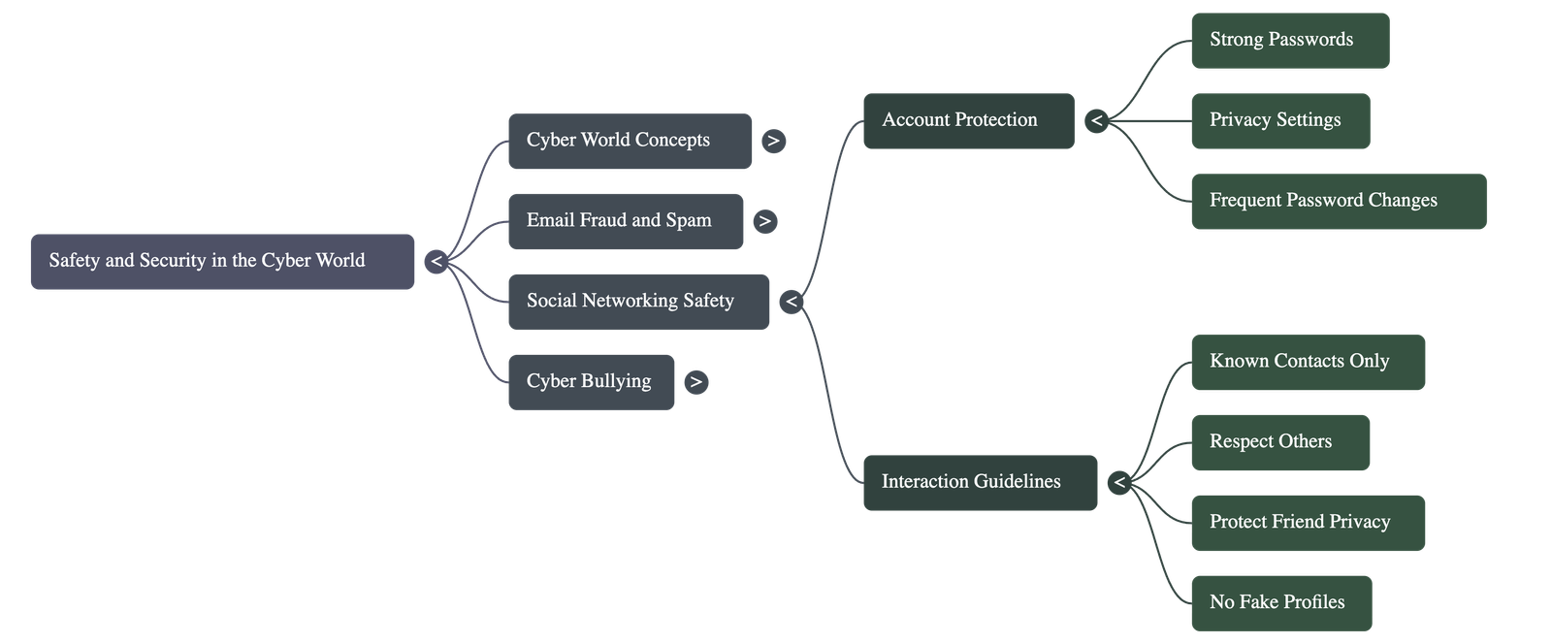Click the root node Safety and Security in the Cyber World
pos(222,261)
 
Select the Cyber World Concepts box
pos(630,141)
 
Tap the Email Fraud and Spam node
pos(626,221)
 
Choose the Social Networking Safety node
pos(638,302)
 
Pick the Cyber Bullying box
pos(591,382)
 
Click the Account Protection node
pos(968,120)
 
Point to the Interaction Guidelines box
pos(980,482)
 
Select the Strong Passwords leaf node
pos(1289,41)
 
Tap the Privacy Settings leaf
pos(1279,121)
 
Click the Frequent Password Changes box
pos(1338,202)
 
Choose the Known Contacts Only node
pos(1308,362)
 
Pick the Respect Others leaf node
pos(1279,442)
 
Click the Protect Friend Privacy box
pos(1308,523)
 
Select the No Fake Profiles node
pos(1280,603)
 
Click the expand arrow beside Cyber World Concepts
pos(773,142)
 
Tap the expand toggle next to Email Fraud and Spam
pos(765,222)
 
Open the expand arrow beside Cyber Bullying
pos(695,382)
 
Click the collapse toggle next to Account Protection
pos(1096,121)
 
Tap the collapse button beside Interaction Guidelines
pos(1119,482)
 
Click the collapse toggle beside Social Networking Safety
pos(792,302)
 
